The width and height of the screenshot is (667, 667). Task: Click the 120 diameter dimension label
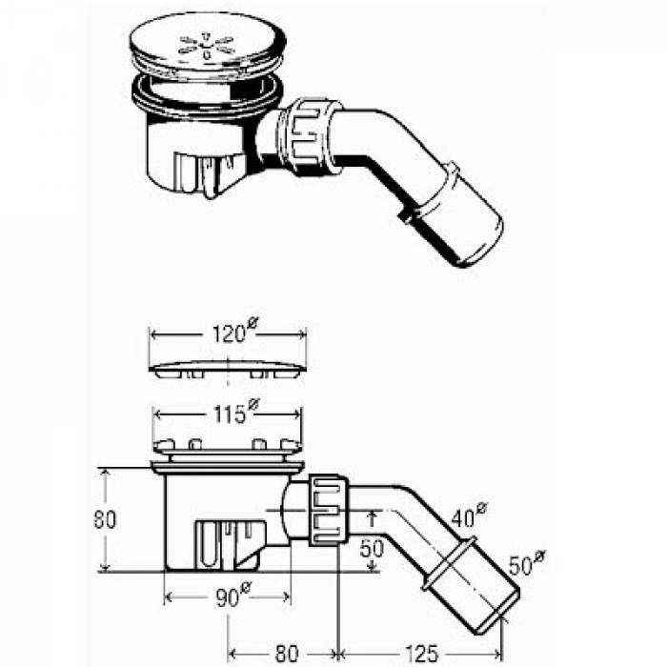tap(234, 332)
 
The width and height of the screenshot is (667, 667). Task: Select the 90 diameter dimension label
tap(234, 596)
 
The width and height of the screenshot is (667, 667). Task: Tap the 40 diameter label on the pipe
tap(469, 515)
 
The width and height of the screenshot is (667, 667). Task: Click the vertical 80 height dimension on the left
tap(105, 519)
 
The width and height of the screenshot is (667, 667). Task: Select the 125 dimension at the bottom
tap(421, 653)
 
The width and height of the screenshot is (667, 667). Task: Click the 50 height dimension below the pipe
tap(372, 549)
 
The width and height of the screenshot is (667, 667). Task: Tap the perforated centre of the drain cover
tap(207, 45)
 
